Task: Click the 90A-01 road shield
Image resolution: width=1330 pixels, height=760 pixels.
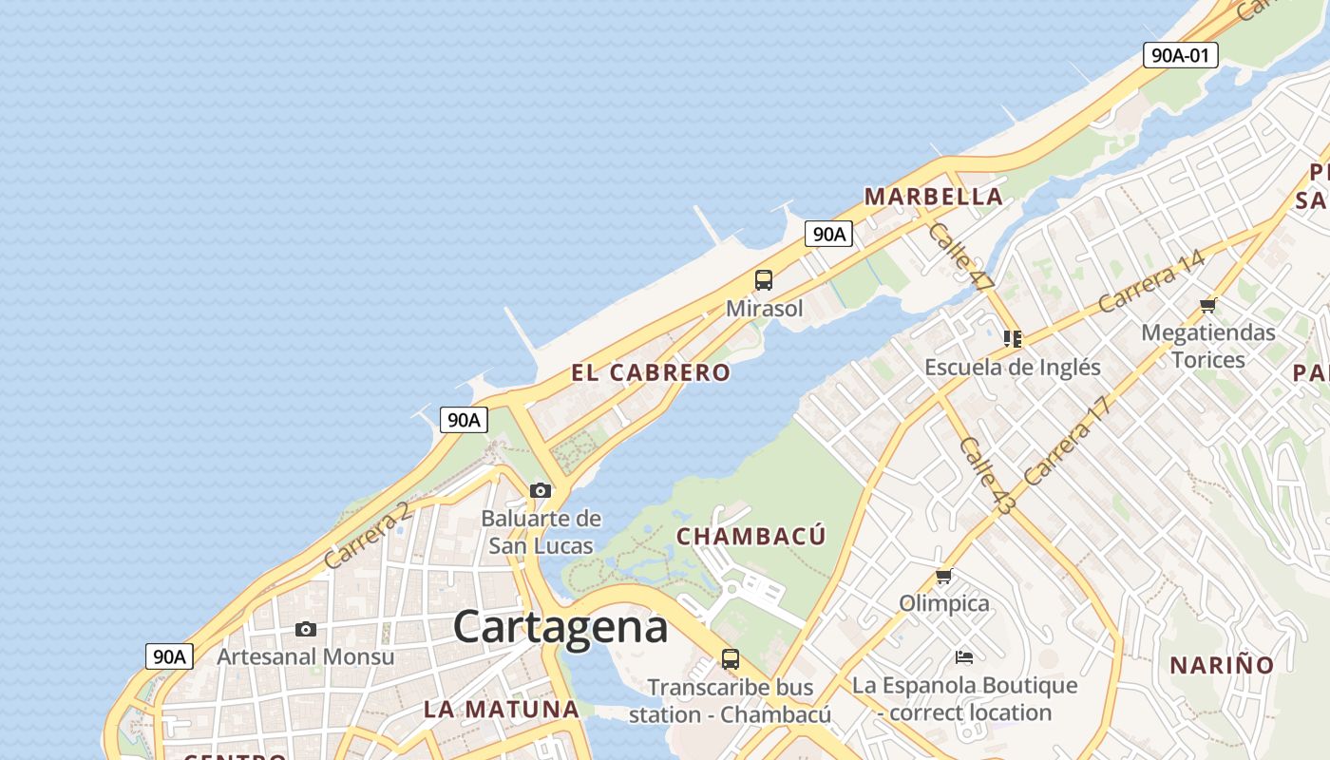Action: coord(1180,55)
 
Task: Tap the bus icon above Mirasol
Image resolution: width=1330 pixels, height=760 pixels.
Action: coord(764,280)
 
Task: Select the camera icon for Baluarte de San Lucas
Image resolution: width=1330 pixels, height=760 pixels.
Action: coord(541,490)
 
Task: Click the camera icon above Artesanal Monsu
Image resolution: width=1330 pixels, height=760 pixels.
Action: coord(305,629)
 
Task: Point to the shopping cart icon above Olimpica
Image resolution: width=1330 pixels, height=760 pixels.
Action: coord(943,576)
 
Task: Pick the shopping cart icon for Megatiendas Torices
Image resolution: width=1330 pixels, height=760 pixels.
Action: coord(1207,305)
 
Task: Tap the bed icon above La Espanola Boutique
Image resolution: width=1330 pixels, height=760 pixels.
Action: coord(964,657)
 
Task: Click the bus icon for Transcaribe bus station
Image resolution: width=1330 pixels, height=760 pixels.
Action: coord(730,659)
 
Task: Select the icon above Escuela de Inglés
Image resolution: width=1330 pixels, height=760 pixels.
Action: coord(1012,338)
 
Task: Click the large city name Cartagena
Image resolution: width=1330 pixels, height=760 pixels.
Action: coord(560,627)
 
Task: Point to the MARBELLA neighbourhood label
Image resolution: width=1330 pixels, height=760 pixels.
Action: coord(933,197)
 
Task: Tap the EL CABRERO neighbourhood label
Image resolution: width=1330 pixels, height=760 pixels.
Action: coord(651,372)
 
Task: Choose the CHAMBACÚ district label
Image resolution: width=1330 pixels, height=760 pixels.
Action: coord(750,537)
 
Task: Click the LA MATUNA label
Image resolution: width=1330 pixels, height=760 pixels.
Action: coord(501,709)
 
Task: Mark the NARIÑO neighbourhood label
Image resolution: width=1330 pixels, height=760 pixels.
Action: coord(1221,665)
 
